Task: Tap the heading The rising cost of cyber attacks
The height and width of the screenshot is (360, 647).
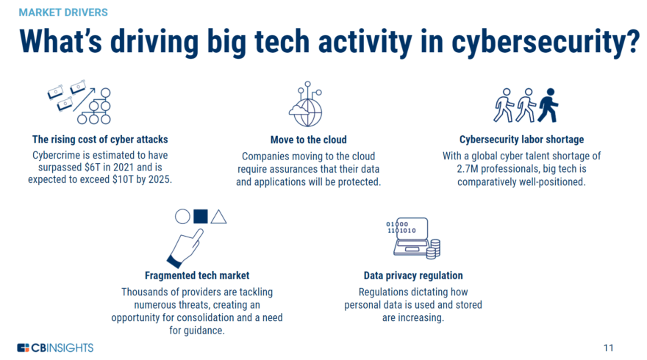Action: click(99, 140)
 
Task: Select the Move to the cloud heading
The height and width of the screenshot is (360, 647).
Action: click(308, 140)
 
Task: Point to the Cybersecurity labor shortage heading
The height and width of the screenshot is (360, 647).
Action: click(522, 140)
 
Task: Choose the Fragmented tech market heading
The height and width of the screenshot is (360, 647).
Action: click(196, 276)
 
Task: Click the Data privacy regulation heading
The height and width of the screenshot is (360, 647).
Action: click(413, 276)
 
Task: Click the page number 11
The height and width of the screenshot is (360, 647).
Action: click(607, 347)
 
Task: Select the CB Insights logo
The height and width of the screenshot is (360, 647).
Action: click(55, 347)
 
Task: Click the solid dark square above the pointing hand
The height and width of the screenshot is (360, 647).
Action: click(200, 216)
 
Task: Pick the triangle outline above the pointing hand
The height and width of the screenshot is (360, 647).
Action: click(218, 216)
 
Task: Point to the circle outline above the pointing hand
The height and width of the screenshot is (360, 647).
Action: click(182, 216)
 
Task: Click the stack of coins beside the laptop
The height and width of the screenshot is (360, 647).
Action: click(433, 248)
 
